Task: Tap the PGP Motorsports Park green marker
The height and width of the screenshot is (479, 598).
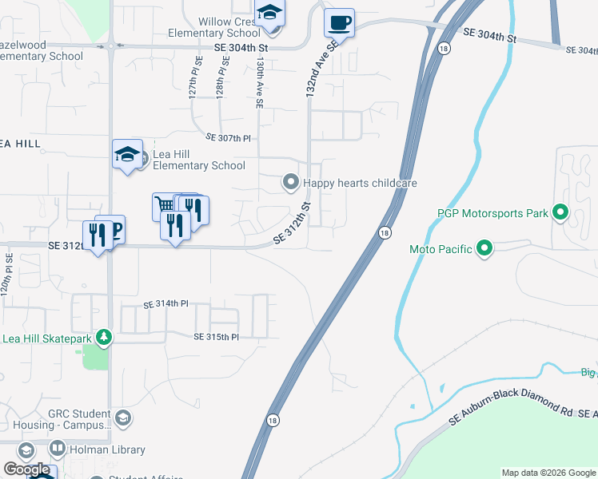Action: click(x=560, y=213)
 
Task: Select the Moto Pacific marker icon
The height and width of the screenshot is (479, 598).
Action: click(x=484, y=249)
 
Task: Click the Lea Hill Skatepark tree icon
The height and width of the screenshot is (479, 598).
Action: click(x=102, y=338)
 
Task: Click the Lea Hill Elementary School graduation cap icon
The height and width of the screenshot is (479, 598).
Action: click(x=127, y=153)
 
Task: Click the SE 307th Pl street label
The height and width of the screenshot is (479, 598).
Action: click(x=229, y=138)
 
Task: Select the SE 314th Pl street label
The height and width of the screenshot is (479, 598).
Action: click(x=165, y=304)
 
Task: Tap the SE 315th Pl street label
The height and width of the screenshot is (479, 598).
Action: click(x=216, y=337)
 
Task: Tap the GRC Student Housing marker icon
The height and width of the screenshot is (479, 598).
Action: click(x=123, y=418)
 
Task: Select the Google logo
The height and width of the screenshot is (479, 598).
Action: click(x=26, y=469)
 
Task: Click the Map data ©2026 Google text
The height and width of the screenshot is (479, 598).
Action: click(x=548, y=473)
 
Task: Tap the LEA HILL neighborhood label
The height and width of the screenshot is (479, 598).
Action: click(x=19, y=144)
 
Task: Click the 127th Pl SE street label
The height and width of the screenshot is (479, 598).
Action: click(x=193, y=76)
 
